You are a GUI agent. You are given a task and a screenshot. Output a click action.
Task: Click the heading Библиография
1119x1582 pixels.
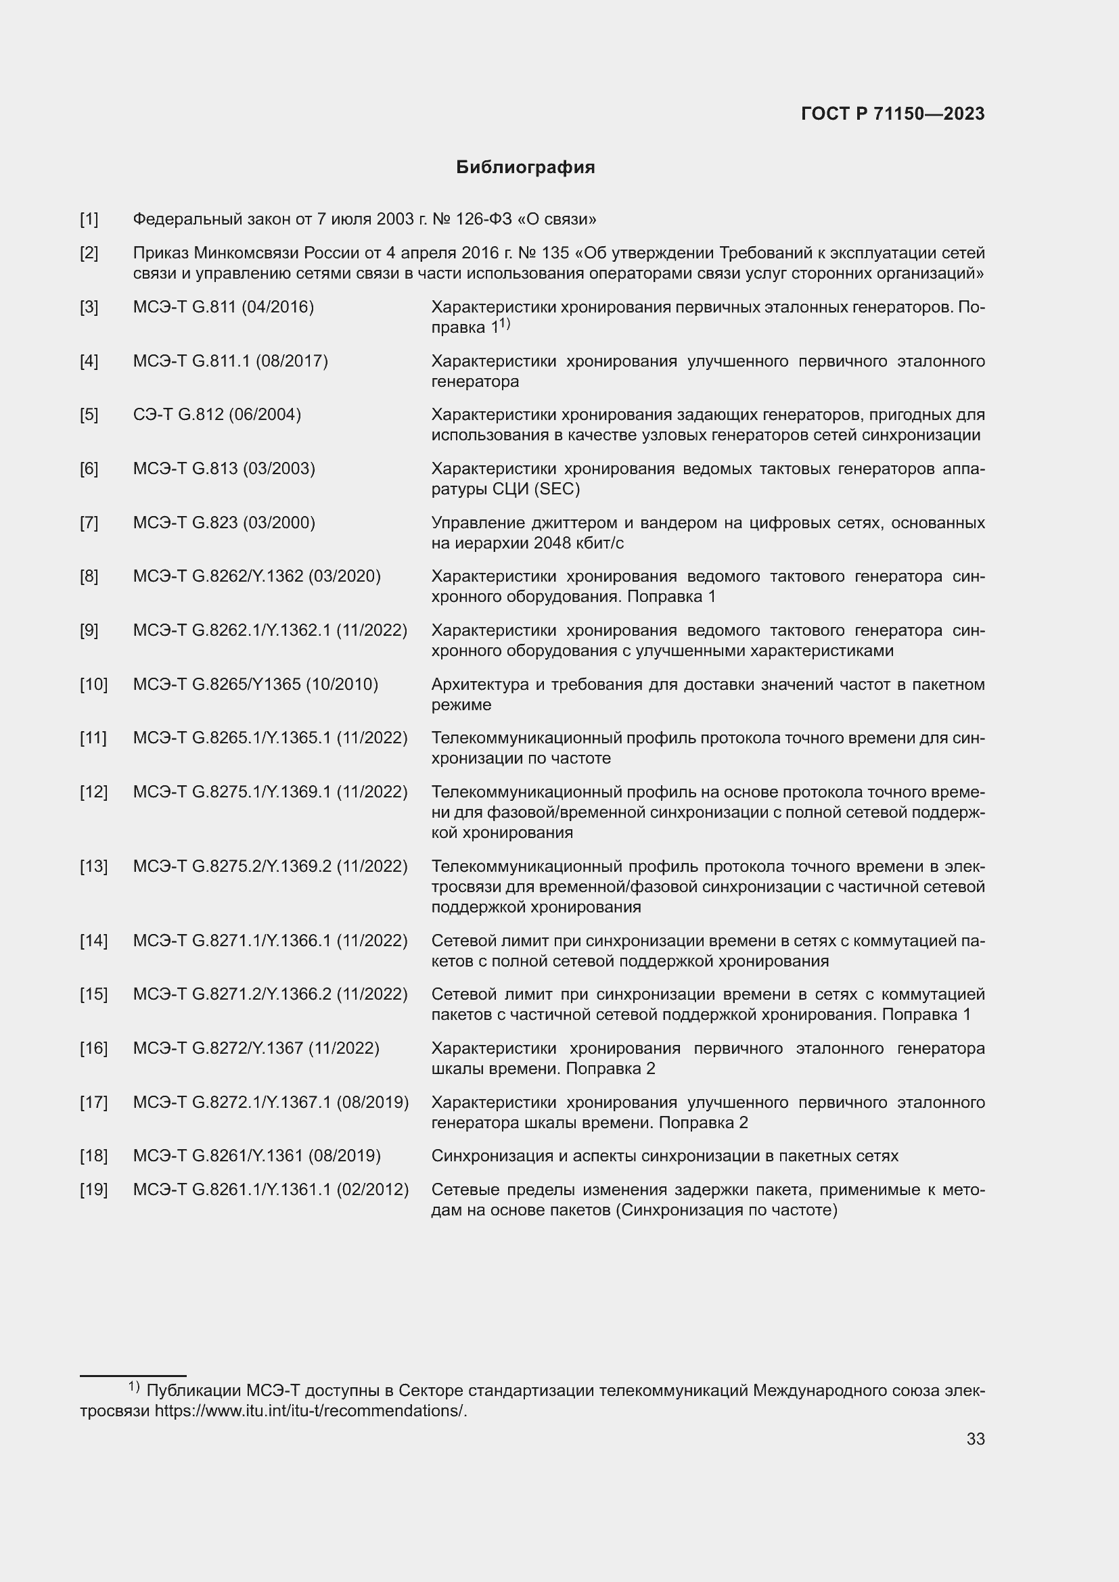coord(525,168)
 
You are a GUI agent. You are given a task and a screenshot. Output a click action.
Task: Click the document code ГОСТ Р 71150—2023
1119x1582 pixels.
coord(892,114)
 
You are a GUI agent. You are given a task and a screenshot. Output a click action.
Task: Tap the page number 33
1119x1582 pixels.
coord(975,1439)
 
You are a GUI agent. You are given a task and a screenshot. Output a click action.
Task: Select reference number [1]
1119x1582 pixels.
coord(89,219)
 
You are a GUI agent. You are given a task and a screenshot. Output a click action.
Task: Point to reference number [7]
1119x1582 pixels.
coord(89,522)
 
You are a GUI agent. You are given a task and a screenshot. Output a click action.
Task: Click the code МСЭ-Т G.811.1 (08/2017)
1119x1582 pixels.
coord(230,361)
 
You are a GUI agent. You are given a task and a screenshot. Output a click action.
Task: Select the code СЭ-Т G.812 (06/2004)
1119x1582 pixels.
coord(216,415)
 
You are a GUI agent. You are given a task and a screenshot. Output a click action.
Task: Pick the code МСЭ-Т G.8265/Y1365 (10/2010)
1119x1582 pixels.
coord(255,684)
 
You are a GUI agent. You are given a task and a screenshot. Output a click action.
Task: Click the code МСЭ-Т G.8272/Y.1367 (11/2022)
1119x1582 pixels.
coord(256,1048)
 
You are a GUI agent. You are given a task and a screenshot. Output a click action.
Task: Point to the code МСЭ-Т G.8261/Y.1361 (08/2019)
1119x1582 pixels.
coord(256,1155)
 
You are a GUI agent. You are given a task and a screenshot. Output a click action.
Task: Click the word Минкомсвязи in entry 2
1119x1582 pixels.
coord(248,253)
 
